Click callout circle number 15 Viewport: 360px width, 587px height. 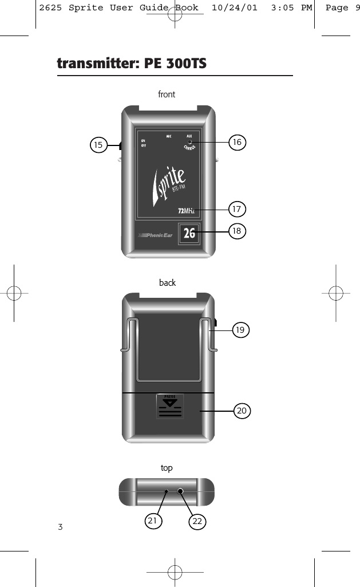tap(99, 145)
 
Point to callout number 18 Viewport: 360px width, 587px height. tap(237, 231)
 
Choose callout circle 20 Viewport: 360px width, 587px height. tap(242, 411)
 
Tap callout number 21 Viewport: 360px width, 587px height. tap(152, 521)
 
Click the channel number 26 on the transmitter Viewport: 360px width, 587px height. tap(189, 233)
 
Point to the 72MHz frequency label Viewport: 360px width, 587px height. tap(187, 211)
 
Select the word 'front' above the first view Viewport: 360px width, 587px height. tap(167, 94)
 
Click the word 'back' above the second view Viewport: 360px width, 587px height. tap(167, 283)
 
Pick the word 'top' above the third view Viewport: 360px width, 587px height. tap(167, 468)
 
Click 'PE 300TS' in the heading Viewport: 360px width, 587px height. tap(176, 63)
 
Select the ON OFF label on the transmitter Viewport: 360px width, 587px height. tap(143, 143)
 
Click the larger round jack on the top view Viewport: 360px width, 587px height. tap(181, 492)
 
